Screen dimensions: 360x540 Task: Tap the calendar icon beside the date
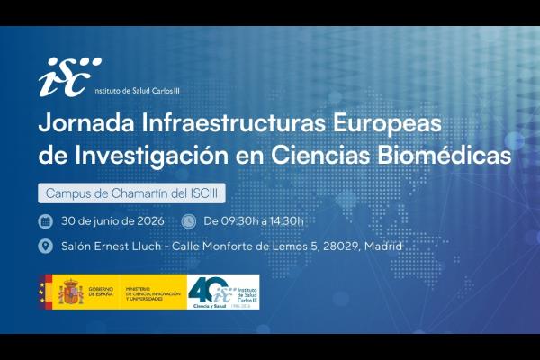pos(46,220)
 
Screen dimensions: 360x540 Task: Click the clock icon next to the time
pos(188,220)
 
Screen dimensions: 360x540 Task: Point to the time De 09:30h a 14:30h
pos(255,220)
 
